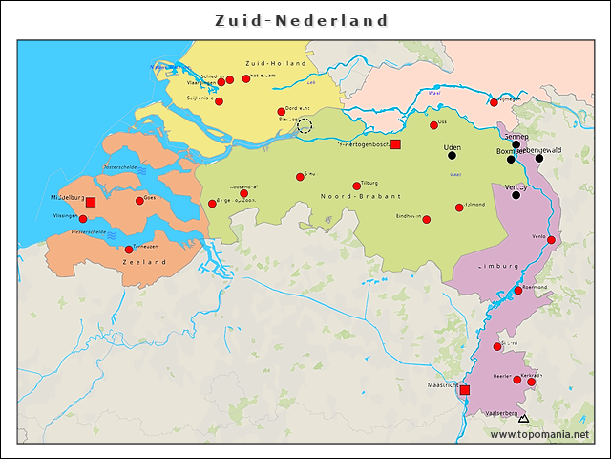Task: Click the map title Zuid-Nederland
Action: pos(302,20)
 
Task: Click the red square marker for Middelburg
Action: pos(91,203)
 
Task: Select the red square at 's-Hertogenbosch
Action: pos(396,144)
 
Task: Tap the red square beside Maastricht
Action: pos(465,390)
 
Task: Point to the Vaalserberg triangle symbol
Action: pos(522,419)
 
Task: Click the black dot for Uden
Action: pos(453,155)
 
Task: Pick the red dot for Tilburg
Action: pos(357,186)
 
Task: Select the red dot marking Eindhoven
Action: pos(427,220)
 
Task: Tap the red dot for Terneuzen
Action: pos(129,250)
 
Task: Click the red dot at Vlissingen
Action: pos(83,219)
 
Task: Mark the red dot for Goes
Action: pos(139,201)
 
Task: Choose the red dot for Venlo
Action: pos(551,240)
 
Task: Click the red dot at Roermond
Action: pos(518,291)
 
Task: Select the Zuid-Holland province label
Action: pos(275,63)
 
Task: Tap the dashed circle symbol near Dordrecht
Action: pos(305,126)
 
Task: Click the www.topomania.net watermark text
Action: pos(539,434)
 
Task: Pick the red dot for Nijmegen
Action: pos(494,102)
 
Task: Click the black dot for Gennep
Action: pos(516,145)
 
